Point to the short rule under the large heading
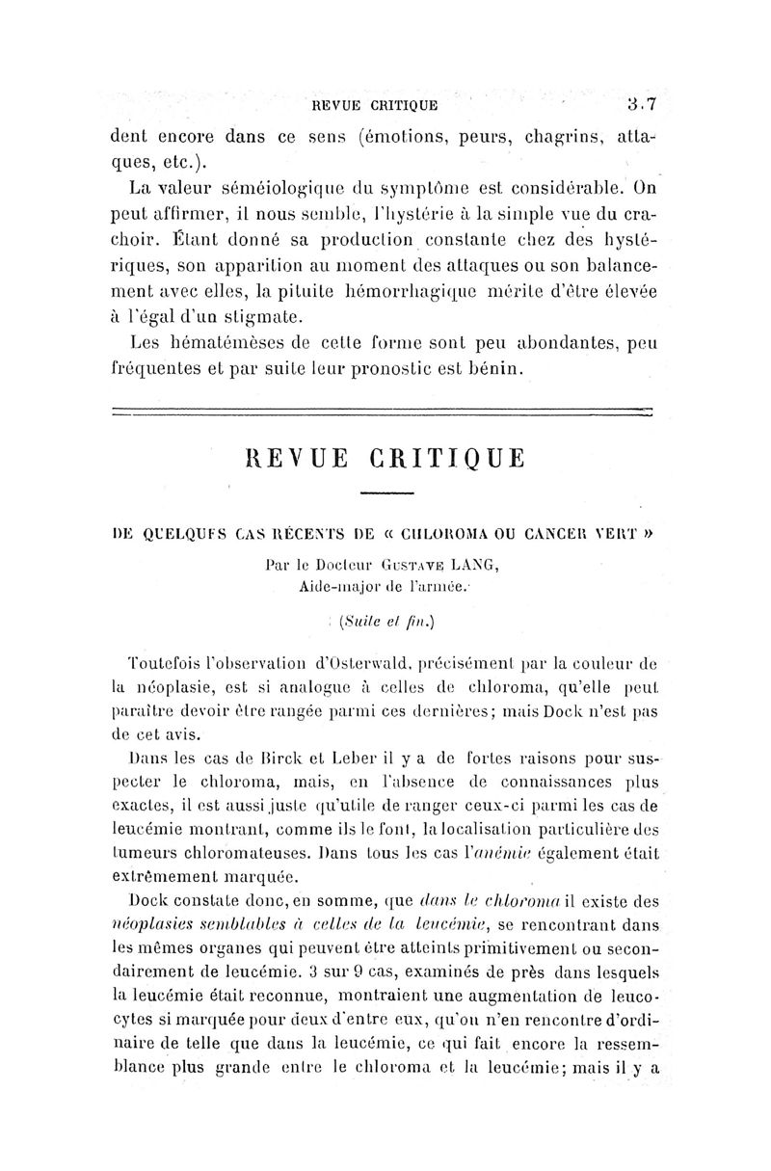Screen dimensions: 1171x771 [386, 493]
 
